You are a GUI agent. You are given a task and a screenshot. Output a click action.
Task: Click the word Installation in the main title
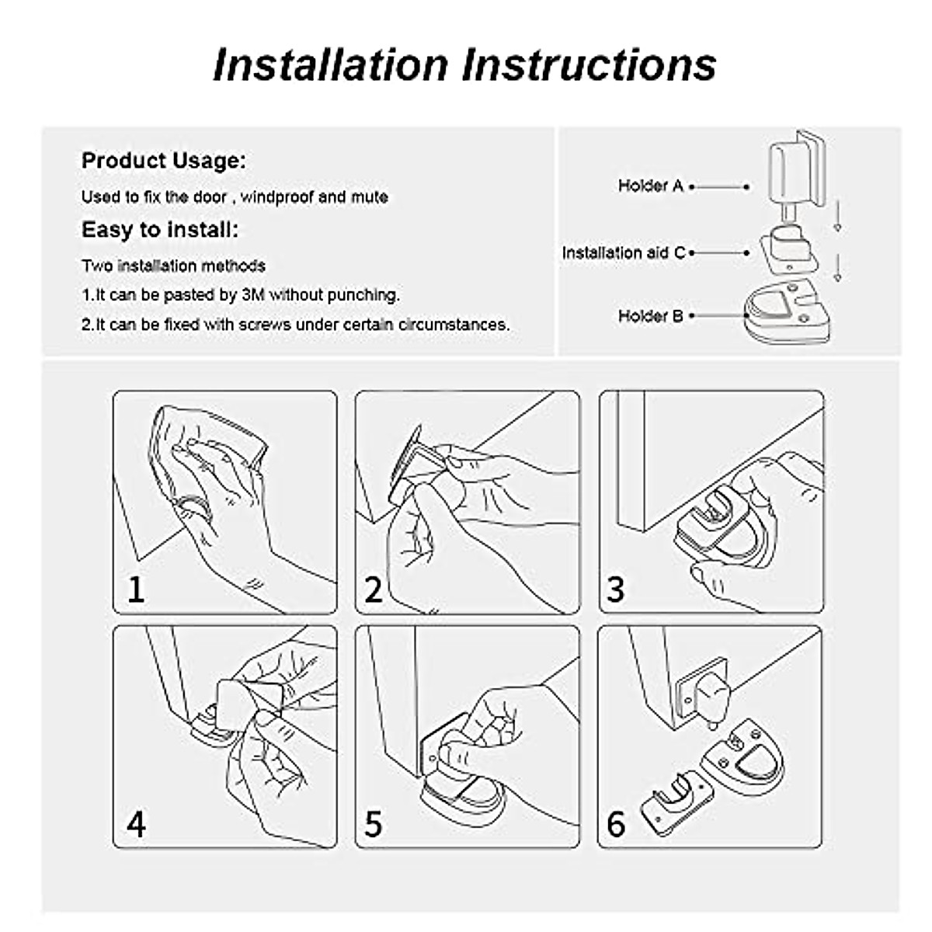pyautogui.click(x=331, y=64)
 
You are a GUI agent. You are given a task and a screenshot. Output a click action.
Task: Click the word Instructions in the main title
pyautogui.click(x=589, y=64)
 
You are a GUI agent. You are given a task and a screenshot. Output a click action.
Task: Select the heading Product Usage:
pyautogui.click(x=163, y=162)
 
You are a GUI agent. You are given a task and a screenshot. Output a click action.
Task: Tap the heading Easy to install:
pyautogui.click(x=160, y=230)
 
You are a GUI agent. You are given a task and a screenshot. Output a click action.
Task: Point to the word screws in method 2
pyautogui.click(x=236, y=325)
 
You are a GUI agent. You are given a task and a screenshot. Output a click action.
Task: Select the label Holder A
pyautogui.click(x=650, y=186)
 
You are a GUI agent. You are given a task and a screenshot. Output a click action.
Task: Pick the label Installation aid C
pyautogui.click(x=624, y=252)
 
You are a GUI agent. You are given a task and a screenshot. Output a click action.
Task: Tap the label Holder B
pyautogui.click(x=650, y=316)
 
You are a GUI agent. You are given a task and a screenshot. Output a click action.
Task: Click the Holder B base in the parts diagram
pyautogui.click(x=784, y=311)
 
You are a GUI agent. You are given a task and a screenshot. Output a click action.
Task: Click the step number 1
pyautogui.click(x=136, y=589)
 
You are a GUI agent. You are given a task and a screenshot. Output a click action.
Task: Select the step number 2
pyautogui.click(x=374, y=589)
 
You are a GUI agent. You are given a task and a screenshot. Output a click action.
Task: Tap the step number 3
pyautogui.click(x=615, y=589)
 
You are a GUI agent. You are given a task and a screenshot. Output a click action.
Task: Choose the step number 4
pyautogui.click(x=136, y=823)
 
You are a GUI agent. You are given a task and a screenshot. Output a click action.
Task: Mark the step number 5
pyautogui.click(x=374, y=823)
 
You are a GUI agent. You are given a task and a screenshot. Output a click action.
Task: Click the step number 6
pyautogui.click(x=615, y=823)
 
